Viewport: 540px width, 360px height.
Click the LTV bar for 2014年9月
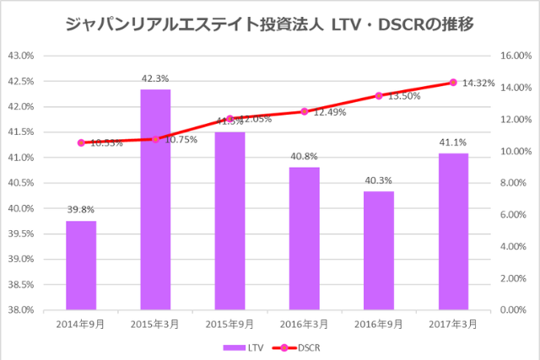[x=81, y=265]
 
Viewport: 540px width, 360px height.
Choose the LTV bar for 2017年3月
[x=453, y=231]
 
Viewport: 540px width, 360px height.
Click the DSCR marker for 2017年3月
[x=453, y=83]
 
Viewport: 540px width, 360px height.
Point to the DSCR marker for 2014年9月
[x=81, y=142]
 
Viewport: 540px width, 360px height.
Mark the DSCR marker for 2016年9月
[x=378, y=95]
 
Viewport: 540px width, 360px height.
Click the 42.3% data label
[x=154, y=78]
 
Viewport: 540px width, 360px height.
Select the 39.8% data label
[x=81, y=210]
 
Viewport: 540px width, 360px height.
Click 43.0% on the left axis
[x=20, y=56]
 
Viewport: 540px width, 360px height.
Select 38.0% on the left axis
[x=20, y=309]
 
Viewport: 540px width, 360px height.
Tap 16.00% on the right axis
[x=515, y=56]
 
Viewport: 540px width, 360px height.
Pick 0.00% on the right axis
[x=513, y=309]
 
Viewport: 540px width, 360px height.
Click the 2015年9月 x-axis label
[x=229, y=324]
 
